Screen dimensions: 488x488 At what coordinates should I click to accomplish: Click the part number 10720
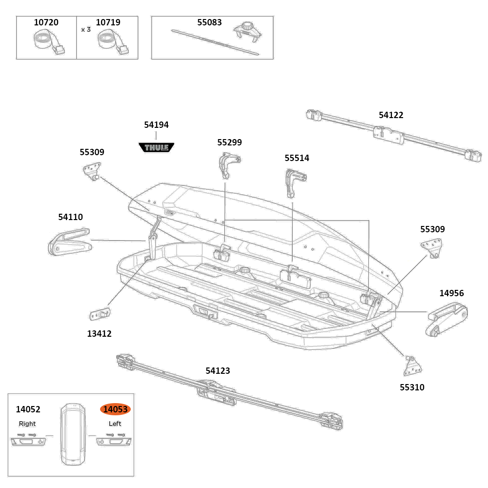coord(46,22)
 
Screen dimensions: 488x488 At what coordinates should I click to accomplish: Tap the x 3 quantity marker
coord(86,29)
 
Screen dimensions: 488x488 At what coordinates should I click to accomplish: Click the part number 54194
coord(156,125)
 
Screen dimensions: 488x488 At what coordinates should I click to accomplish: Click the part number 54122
coord(391,115)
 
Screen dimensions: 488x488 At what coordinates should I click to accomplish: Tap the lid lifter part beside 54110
coord(69,242)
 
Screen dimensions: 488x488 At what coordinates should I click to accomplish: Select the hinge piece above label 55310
coord(412,364)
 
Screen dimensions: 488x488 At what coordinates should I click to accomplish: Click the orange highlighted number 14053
coord(116,409)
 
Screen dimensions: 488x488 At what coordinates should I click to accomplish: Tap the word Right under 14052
coord(27,424)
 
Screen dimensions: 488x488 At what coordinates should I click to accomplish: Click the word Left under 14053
coord(115,424)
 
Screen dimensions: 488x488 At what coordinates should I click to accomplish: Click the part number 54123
coord(218,371)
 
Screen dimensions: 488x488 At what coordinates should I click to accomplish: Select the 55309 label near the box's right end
coord(432,229)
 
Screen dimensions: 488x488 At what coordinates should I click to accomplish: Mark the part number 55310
coord(412,387)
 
